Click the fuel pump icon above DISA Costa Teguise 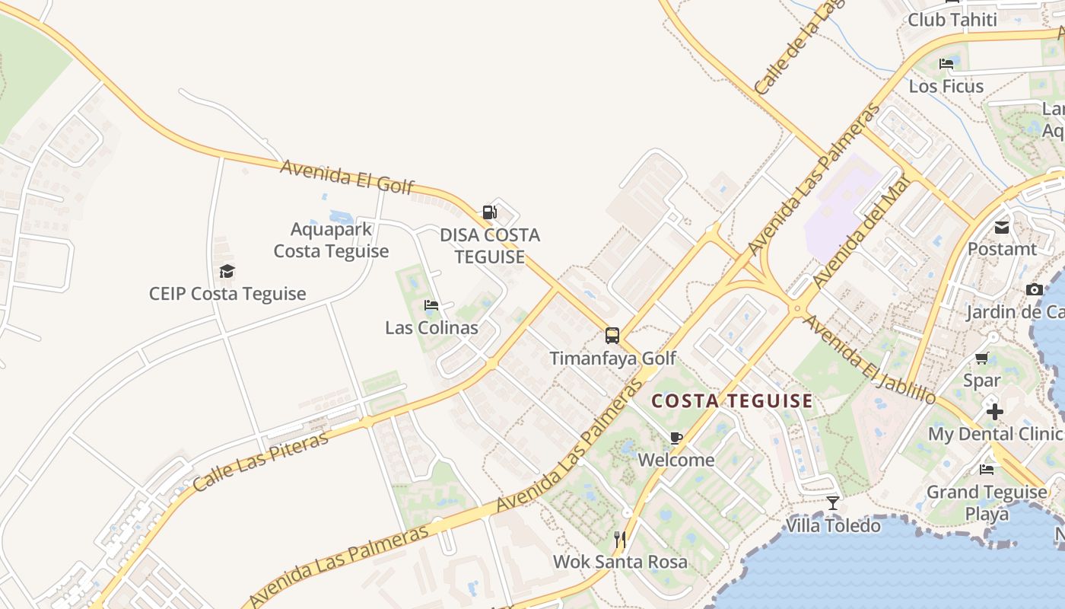490,212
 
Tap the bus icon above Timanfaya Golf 612,335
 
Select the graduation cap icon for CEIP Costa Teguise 227,271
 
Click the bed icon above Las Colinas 431,305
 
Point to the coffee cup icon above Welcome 676,438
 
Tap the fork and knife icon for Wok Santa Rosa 620,540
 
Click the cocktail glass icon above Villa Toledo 833,503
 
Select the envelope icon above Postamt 1001,227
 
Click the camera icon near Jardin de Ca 1034,289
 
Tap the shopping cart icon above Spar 982,358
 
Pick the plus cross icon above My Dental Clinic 994,412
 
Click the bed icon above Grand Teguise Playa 987,470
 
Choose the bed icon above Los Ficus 946,64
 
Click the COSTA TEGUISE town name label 733,400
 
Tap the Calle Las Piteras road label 261,461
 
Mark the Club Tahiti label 952,20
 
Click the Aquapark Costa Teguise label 331,240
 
